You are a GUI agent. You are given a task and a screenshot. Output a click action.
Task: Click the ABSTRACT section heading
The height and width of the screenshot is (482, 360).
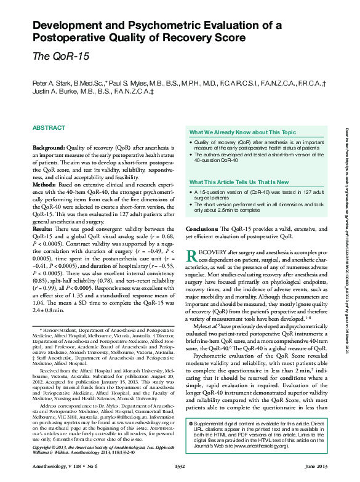pos(48,127)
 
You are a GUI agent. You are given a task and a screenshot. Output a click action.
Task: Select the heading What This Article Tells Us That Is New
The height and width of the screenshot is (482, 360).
pos(239,182)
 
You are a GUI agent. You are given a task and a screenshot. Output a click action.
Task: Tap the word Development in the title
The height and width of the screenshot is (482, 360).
pos(70,25)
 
